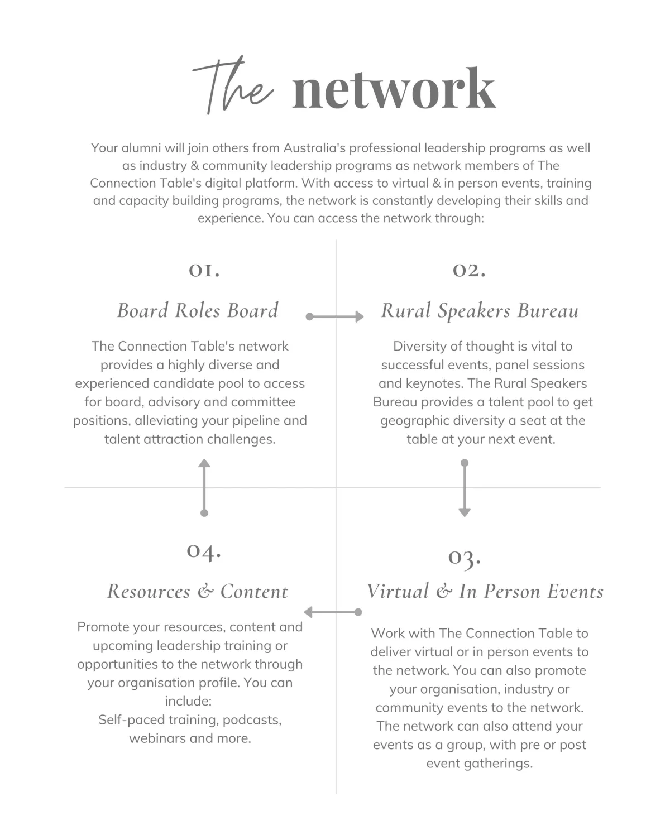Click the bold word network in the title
[394, 89]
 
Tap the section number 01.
[204, 271]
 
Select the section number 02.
[469, 271]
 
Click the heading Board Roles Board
[198, 310]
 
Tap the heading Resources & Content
[198, 591]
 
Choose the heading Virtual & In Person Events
[485, 591]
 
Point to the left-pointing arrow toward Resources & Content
[333, 612]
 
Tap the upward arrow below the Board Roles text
[204, 488]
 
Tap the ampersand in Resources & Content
[205, 591]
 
